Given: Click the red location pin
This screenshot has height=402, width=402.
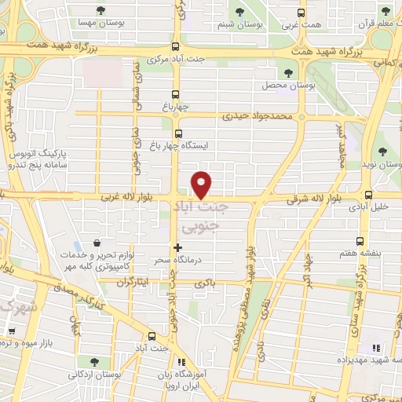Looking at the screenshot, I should point(202,185).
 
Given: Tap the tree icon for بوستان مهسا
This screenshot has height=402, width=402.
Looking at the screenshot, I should point(100,10).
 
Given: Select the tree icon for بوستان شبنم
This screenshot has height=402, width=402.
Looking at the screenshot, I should point(241,11).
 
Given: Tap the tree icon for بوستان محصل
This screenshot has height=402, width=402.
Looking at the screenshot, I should point(288,72).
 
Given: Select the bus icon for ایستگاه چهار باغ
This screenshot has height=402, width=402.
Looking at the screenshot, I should point(179,133).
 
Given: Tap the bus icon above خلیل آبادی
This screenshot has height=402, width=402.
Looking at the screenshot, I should point(368,196).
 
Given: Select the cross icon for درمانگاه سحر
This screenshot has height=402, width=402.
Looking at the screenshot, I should point(177,247).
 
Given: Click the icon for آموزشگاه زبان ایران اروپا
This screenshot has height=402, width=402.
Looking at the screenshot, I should point(181,363).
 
